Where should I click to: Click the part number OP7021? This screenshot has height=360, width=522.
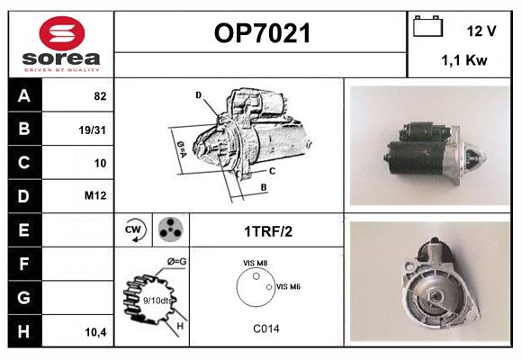262,34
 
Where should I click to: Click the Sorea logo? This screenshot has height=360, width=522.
60,43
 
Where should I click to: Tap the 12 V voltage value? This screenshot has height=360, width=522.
481,31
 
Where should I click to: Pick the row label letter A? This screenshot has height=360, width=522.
23,94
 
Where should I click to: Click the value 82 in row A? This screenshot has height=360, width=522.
100,95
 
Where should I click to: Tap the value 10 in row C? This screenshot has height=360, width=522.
100,163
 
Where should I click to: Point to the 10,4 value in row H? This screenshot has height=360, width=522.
95,332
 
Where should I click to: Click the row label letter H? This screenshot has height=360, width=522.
23,331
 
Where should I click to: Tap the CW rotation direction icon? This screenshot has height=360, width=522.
134,229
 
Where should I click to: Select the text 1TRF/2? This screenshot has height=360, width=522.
267,230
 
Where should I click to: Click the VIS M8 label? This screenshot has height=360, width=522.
255,263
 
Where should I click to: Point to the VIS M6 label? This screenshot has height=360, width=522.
288,286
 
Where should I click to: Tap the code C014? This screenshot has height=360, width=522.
265,328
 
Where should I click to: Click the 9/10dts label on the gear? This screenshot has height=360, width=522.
157,300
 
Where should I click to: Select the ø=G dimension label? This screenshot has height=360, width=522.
175,261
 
